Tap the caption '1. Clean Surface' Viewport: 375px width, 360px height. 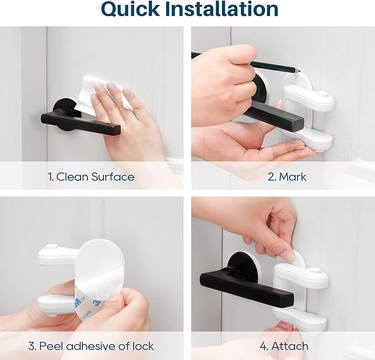pyautogui.click(x=91, y=177)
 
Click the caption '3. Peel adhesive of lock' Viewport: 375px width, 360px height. pyautogui.click(x=91, y=347)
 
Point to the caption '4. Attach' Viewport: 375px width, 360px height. pyautogui.click(x=283, y=347)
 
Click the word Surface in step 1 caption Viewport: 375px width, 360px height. pyautogui.click(x=112, y=177)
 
